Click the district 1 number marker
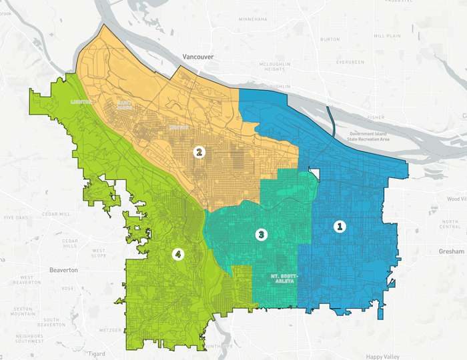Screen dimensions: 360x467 tap(340, 227)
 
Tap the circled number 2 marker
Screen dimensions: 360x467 tap(198, 152)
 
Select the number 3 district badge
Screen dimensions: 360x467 tap(261, 235)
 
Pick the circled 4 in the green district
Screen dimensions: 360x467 tap(177, 253)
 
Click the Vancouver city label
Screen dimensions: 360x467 tap(199, 57)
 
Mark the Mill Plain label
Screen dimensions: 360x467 tap(387, 35)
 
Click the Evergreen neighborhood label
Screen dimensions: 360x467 tap(350, 62)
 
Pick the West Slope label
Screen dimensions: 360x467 tap(93, 253)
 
